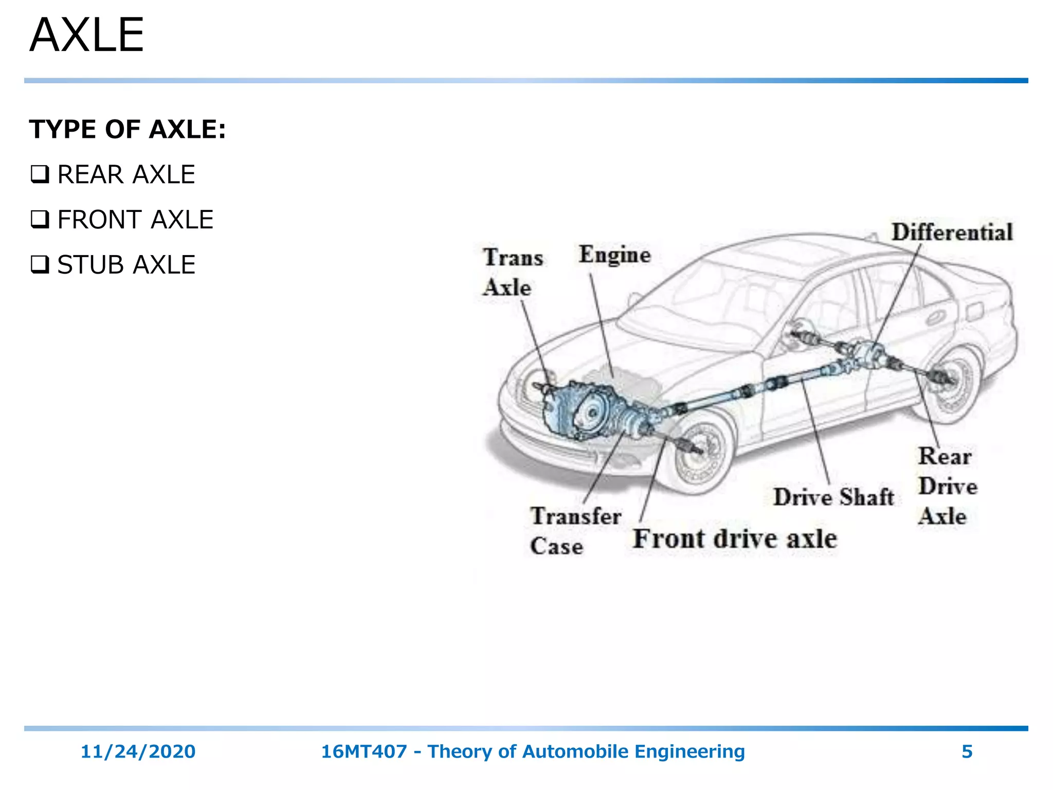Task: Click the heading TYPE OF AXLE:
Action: (127, 129)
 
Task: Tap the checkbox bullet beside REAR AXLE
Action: (40, 174)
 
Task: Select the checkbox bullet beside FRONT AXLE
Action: (40, 220)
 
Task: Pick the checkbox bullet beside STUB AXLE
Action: (40, 265)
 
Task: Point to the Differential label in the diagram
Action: (952, 232)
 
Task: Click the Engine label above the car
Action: (614, 255)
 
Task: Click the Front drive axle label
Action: (735, 538)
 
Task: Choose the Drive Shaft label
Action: (833, 497)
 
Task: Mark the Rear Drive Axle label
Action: (947, 486)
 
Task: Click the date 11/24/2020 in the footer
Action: (138, 751)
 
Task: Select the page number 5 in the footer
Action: (967, 751)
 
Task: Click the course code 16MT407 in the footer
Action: (364, 751)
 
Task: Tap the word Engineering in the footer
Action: (689, 751)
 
